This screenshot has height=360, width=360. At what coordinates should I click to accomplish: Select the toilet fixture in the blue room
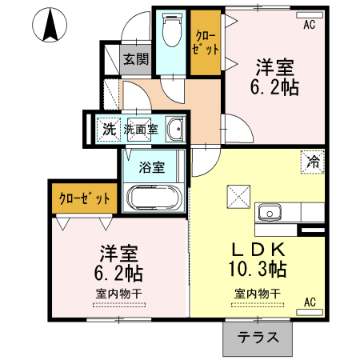click(x=170, y=33)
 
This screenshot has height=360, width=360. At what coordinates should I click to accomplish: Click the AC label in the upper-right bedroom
click(x=309, y=25)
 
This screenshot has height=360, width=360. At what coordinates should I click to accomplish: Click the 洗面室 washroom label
click(x=139, y=127)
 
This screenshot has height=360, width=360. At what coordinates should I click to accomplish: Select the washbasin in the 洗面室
click(x=176, y=128)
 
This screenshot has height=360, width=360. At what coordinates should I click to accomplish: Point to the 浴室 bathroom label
click(x=152, y=168)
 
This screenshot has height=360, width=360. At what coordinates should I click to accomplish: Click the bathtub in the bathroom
click(x=154, y=198)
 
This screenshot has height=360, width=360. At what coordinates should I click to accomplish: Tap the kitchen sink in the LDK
click(x=268, y=213)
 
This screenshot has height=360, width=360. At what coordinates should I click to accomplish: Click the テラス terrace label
click(x=258, y=337)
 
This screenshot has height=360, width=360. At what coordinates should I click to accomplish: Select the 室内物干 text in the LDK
click(x=258, y=294)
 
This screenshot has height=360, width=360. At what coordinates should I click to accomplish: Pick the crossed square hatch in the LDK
click(x=238, y=195)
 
